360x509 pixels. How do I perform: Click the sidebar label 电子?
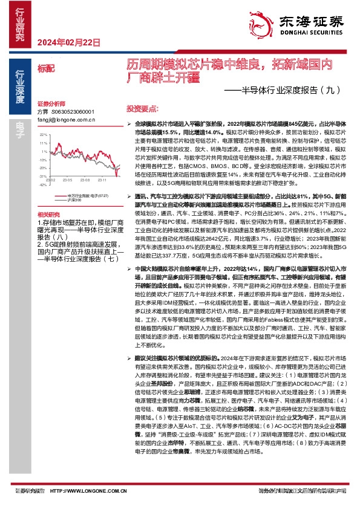(19, 127)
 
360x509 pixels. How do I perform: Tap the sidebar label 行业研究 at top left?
(19, 24)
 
